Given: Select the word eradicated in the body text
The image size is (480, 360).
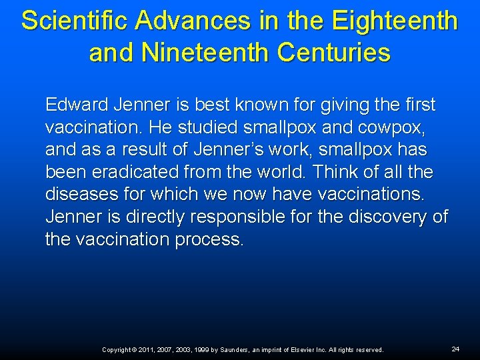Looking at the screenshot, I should (137, 172).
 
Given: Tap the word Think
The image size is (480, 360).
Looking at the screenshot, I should (336, 172).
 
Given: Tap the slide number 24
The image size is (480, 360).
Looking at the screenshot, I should (455, 349).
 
